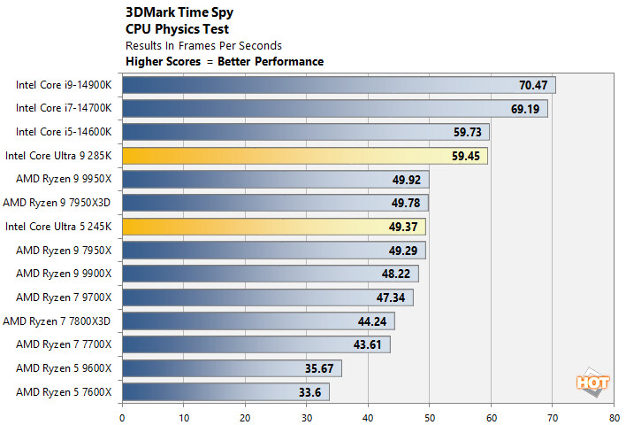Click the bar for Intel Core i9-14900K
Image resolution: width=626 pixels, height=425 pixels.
[x=336, y=85]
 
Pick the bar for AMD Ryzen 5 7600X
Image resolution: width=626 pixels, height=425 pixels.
[x=225, y=391]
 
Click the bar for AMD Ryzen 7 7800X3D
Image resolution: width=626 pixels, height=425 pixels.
[x=256, y=321]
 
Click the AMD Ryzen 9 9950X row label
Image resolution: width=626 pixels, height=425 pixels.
[x=64, y=179]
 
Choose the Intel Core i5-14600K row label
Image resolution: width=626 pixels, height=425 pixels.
[x=64, y=132]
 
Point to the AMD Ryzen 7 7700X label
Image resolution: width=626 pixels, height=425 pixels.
[x=64, y=344]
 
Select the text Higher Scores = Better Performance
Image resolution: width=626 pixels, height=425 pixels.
[x=225, y=61]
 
